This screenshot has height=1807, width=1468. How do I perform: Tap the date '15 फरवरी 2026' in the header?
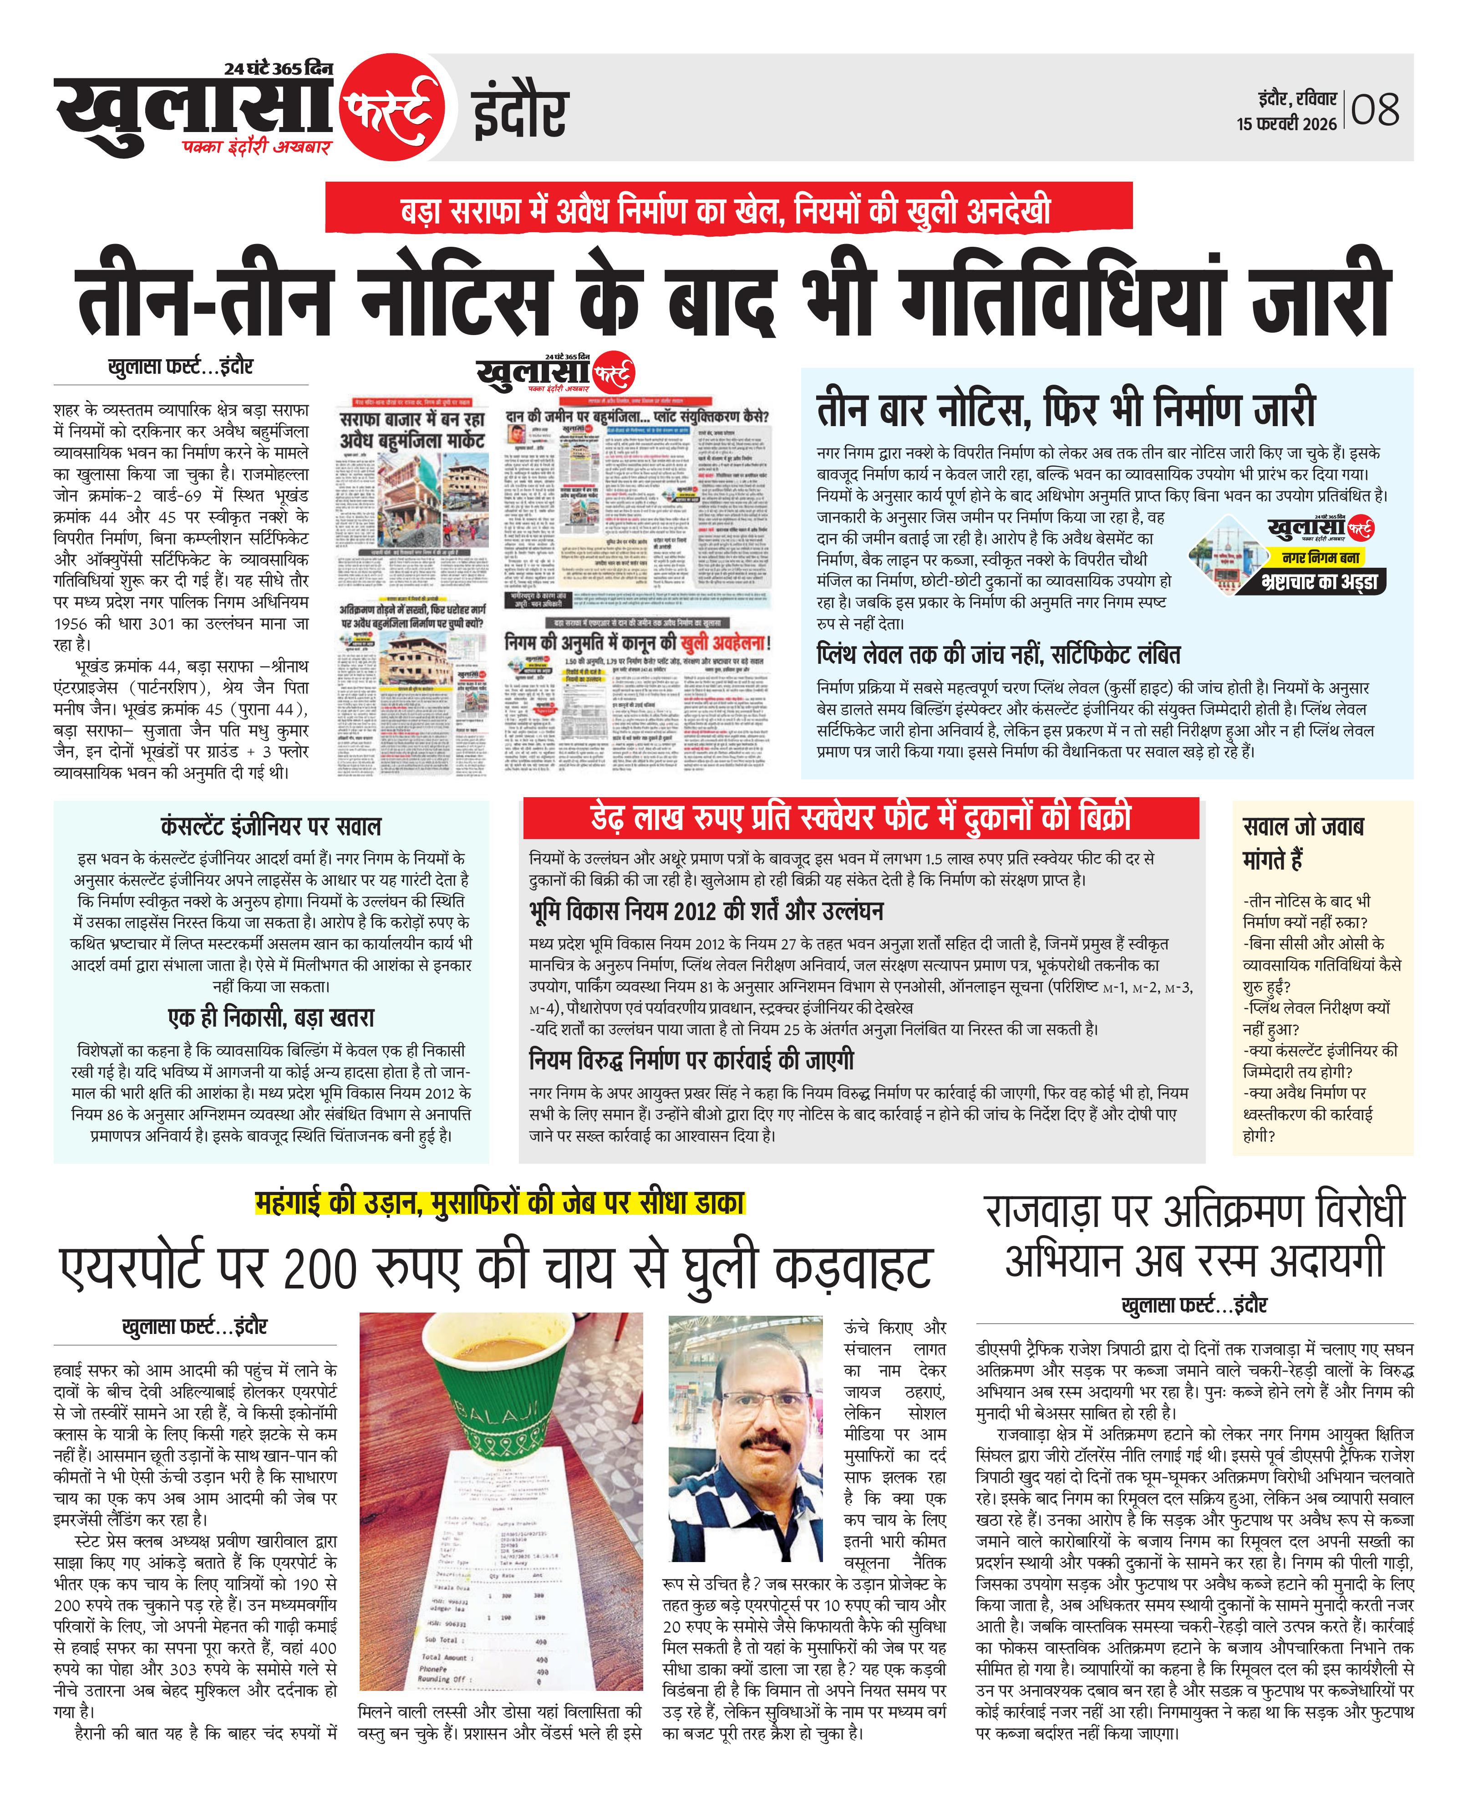1286,123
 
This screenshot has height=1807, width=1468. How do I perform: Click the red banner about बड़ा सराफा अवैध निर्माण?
728,207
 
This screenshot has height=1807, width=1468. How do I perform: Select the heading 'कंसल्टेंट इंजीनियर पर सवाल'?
270,826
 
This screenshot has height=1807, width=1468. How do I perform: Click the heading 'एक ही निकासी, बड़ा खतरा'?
270,1017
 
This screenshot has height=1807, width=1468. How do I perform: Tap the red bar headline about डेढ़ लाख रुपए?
860,818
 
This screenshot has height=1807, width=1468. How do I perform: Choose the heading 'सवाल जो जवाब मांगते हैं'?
1302,842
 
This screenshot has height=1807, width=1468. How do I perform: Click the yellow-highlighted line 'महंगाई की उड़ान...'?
499,1202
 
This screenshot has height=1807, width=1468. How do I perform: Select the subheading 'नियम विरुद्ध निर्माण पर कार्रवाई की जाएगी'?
691,1060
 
